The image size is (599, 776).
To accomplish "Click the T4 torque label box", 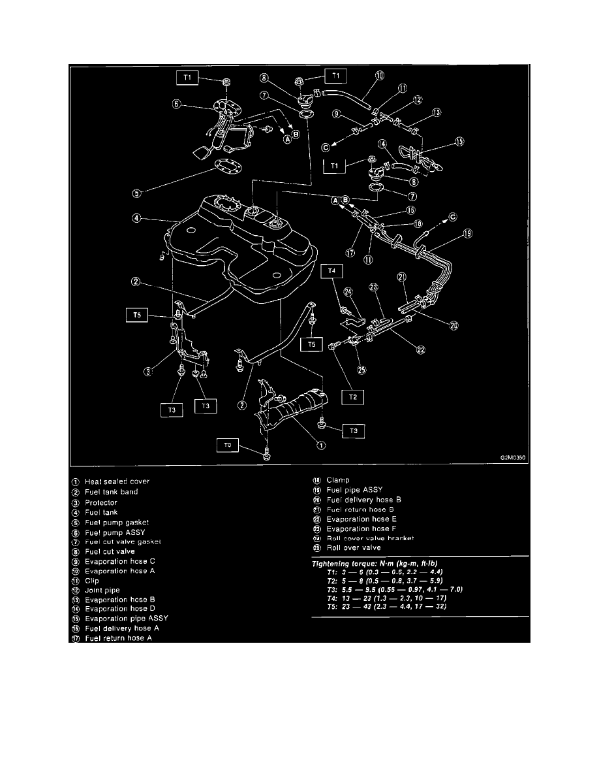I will pyautogui.click(x=331, y=269).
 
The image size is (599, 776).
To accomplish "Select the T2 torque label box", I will pyautogui.click(x=352, y=396).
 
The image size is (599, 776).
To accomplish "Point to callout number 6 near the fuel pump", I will pyautogui.click(x=176, y=104).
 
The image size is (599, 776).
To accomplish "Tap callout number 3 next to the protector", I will pyautogui.click(x=149, y=372).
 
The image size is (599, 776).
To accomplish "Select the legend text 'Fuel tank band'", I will pyautogui.click(x=112, y=492).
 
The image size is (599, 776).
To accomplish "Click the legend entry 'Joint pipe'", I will pyautogui.click(x=102, y=590).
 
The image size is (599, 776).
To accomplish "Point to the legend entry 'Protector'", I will pyautogui.click(x=101, y=503).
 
